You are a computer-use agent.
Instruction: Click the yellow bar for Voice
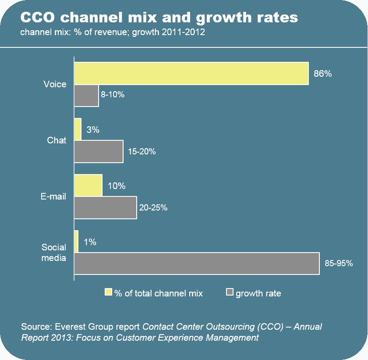[191, 73]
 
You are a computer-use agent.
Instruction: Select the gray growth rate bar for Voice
[86, 96]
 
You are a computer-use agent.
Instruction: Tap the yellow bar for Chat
[78, 129]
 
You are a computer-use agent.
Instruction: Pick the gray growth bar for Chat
[99, 152]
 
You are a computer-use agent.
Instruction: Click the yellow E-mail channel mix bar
[88, 185]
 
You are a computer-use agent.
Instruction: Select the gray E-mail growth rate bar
[105, 208]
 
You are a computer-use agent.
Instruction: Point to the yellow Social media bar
[76, 242]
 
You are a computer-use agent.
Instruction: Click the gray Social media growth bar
[197, 264]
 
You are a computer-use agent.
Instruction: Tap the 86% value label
[323, 74]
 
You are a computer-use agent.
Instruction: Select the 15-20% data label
[142, 152]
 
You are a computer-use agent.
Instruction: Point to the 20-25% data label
[153, 208]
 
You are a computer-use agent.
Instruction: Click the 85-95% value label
[339, 264]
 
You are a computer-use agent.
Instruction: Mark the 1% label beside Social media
[90, 242]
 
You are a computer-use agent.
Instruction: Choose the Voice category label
[55, 84]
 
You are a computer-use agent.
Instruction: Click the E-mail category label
[53, 196]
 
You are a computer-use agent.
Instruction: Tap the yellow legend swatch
[109, 292]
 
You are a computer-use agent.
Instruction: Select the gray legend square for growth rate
[230, 292]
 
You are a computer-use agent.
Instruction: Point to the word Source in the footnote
[35, 327]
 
